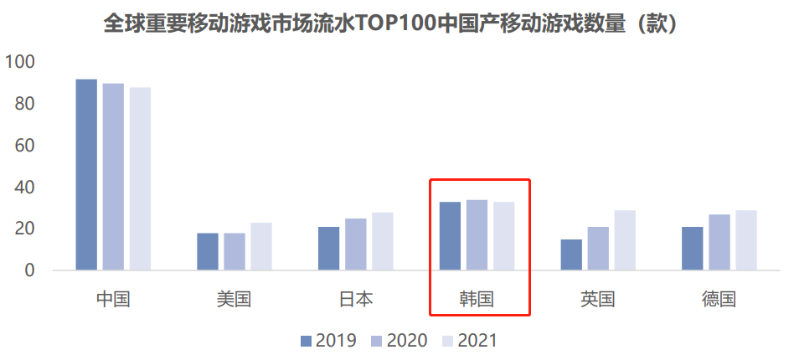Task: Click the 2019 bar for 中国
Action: click(86, 175)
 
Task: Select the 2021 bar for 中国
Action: click(140, 179)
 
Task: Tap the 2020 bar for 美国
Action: click(235, 252)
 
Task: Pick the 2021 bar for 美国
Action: click(261, 246)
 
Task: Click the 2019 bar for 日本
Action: click(329, 249)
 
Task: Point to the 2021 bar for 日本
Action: click(383, 241)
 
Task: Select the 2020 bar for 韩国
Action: click(477, 235)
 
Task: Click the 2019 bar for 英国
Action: click(571, 255)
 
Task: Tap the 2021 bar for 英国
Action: click(625, 240)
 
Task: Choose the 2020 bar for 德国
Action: click(719, 243)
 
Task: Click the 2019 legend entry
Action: click(328, 341)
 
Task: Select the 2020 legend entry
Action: click(399, 341)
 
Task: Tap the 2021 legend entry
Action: click(469, 341)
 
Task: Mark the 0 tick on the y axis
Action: click(29, 270)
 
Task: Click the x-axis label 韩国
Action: click(477, 299)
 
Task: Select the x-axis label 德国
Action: click(719, 299)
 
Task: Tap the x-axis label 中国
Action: click(113, 299)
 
